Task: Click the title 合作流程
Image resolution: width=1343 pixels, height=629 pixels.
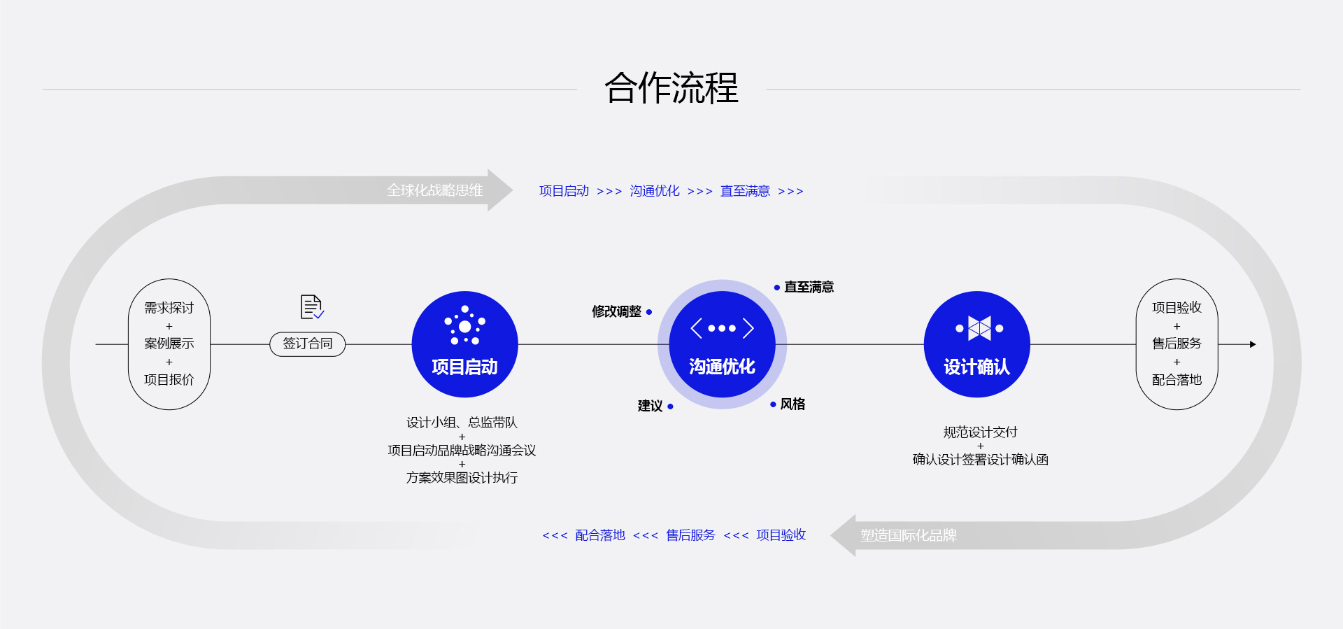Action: pyautogui.click(x=671, y=88)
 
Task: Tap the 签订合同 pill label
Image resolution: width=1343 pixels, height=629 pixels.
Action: pyautogui.click(x=308, y=344)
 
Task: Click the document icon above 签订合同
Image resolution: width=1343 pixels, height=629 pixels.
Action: pyautogui.click(x=311, y=306)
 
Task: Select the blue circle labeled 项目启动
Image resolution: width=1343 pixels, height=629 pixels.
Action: pyautogui.click(x=464, y=344)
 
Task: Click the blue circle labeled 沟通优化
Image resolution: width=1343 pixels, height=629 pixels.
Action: pyautogui.click(x=722, y=344)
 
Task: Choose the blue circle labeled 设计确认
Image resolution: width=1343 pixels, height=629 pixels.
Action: pyautogui.click(x=976, y=344)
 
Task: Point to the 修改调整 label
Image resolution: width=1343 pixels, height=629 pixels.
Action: pyautogui.click(x=616, y=311)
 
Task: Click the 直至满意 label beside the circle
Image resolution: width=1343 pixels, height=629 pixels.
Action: pyautogui.click(x=809, y=287)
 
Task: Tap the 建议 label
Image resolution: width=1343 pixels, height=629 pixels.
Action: pyautogui.click(x=650, y=406)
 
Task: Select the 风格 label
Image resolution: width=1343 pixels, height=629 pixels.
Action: pyautogui.click(x=793, y=404)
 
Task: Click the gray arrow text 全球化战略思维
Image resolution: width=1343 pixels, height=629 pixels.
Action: pyautogui.click(x=434, y=190)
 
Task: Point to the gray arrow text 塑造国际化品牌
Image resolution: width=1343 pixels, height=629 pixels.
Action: pyautogui.click(x=908, y=535)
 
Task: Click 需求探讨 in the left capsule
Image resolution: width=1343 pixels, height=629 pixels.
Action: pyautogui.click(x=169, y=308)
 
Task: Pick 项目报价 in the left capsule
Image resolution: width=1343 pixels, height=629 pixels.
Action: pyautogui.click(x=169, y=379)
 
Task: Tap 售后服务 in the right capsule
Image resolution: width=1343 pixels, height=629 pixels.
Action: pyautogui.click(x=1177, y=344)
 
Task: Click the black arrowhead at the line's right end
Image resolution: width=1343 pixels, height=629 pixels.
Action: pyautogui.click(x=1253, y=344)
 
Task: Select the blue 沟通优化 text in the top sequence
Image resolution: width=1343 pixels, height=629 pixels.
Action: pyautogui.click(x=654, y=191)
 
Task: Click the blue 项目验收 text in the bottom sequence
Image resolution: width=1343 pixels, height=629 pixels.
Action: pyautogui.click(x=781, y=535)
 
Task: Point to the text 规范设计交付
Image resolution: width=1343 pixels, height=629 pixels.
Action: pyautogui.click(x=980, y=432)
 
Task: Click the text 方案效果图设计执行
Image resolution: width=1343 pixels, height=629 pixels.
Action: pyautogui.click(x=462, y=478)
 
